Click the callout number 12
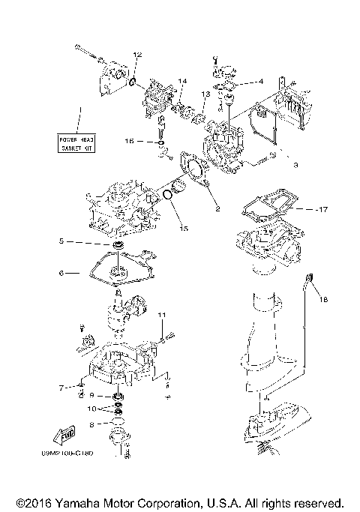point(136,55)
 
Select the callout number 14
point(181,81)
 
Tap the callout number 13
point(204,94)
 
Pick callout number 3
point(295,164)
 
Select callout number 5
point(64,242)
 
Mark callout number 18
point(323,300)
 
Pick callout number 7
point(61,388)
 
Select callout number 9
point(91,395)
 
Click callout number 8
point(91,424)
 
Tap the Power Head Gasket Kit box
point(79,144)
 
